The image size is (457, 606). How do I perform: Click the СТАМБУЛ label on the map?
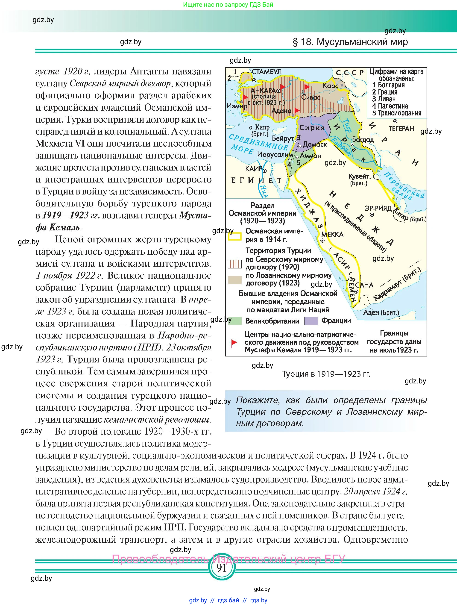[x=267, y=72]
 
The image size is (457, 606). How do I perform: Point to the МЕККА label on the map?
[x=332, y=235]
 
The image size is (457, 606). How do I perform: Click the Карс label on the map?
[x=331, y=86]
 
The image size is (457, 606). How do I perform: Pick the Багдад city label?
[x=363, y=139]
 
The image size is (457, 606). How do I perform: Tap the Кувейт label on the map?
[x=358, y=176]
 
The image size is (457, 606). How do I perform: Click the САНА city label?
[x=364, y=285]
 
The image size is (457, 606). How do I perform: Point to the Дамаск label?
[x=315, y=144]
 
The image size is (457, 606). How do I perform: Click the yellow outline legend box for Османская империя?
[x=235, y=236]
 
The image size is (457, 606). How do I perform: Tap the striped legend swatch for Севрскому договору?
[x=235, y=264]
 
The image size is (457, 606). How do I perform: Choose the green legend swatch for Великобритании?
[x=235, y=321]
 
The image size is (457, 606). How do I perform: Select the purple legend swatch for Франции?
[x=311, y=321]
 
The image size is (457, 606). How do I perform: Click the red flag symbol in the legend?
[x=234, y=342]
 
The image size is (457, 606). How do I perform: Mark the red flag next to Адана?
[x=296, y=110]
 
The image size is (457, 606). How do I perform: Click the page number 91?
[x=221, y=568]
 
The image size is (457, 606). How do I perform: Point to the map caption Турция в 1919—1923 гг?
[x=326, y=374]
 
